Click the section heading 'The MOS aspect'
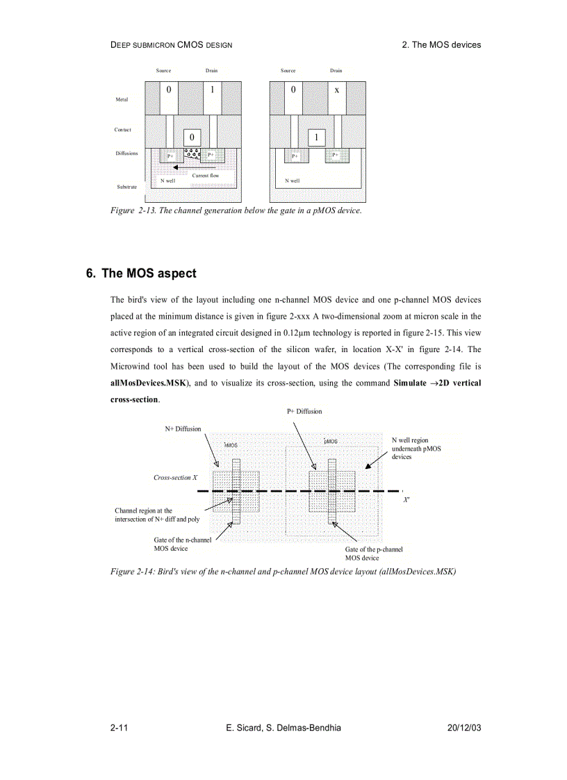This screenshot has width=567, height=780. [x=149, y=274]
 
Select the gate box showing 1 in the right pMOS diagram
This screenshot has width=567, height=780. [x=316, y=138]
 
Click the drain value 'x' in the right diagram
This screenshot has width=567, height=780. [x=336, y=90]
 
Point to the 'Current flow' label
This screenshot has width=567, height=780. [x=206, y=176]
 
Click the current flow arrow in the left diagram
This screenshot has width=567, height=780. [x=192, y=167]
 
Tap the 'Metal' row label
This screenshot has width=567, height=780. [x=122, y=99]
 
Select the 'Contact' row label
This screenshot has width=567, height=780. [x=123, y=130]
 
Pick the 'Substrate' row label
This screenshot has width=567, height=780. [x=127, y=187]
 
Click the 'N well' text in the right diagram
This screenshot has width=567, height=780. [x=293, y=181]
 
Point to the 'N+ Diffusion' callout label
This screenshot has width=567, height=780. [x=183, y=429]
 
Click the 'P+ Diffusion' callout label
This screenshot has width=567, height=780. [x=304, y=411]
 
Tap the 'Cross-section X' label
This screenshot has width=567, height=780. [x=176, y=478]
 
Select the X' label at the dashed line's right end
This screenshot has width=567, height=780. [x=406, y=499]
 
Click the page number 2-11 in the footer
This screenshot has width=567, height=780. [x=117, y=727]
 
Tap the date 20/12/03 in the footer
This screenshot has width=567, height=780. [x=465, y=727]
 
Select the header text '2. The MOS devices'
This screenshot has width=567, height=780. [x=441, y=44]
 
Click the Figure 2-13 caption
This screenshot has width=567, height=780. [x=236, y=210]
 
